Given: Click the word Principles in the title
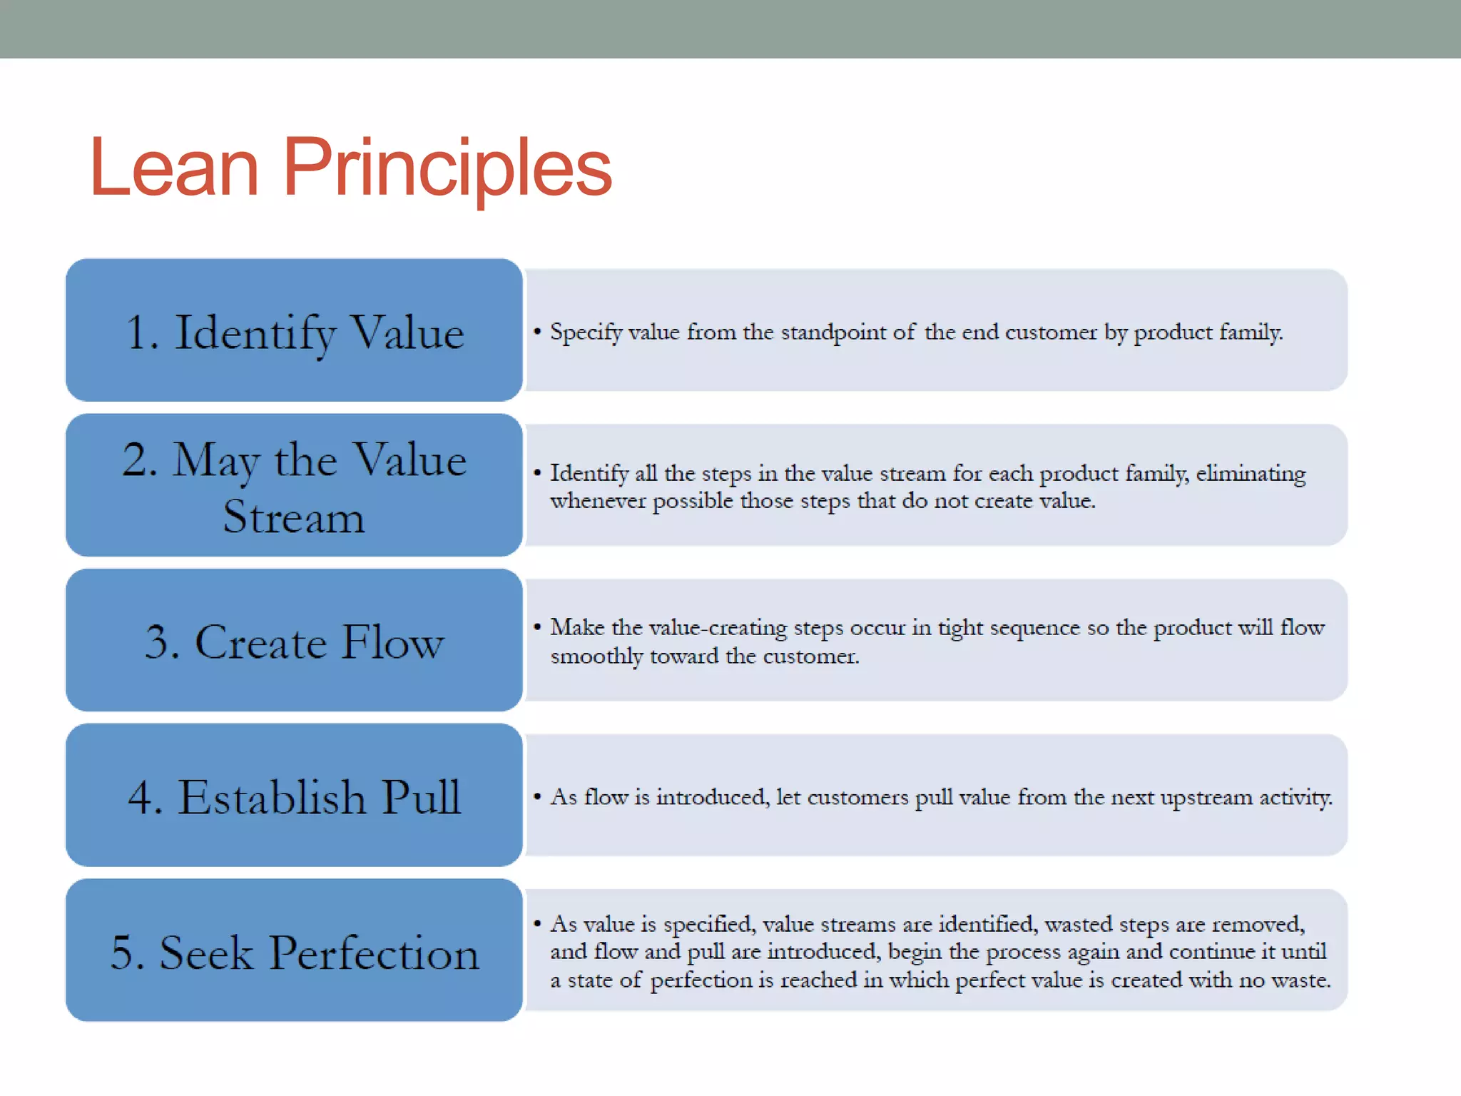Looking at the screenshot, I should click(447, 168).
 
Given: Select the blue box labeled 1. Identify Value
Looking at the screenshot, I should click(294, 330).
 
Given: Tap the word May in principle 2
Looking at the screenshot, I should click(215, 460).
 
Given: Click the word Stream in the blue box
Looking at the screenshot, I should click(293, 517).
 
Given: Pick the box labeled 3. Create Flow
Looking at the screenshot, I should click(294, 641).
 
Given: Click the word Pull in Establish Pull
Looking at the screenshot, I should click(420, 797).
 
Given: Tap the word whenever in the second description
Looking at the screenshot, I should click(598, 501).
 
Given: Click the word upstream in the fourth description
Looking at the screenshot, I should click(1206, 797).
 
